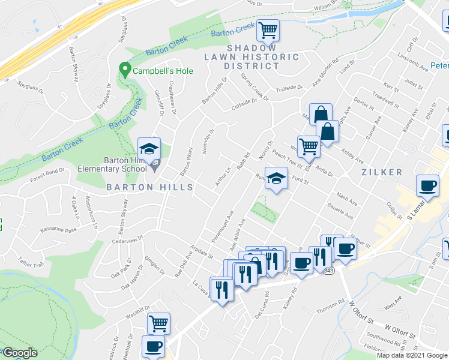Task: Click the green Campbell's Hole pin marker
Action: (125, 70)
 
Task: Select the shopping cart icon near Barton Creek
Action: (268, 29)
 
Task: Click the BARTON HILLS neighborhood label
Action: (150, 187)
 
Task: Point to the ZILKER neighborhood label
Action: (382, 172)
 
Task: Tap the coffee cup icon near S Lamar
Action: (427, 186)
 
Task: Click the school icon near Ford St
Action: (276, 179)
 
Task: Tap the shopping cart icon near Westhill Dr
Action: (158, 323)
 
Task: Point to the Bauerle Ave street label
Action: (340, 213)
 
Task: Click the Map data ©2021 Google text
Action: (412, 355)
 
